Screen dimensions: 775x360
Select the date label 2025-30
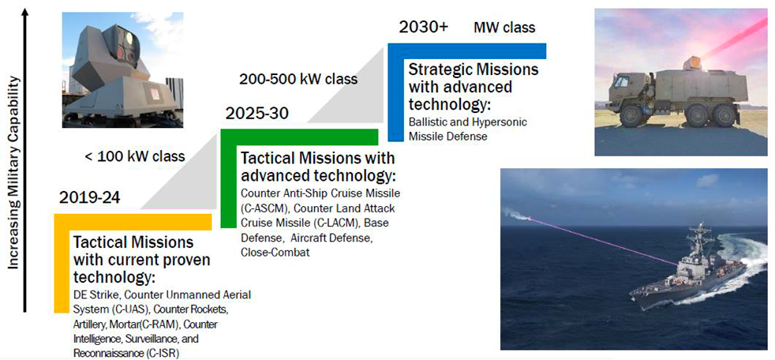256,113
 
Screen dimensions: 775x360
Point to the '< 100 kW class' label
135,157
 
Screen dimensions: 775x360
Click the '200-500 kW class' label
298,79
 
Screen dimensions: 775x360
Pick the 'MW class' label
504,27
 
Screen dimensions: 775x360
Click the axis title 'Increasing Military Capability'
13,172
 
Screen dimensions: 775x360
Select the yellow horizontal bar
133,222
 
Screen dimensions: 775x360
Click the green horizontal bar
299,137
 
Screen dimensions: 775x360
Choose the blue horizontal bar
466,51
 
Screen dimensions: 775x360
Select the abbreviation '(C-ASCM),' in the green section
263,208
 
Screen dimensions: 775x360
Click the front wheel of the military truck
631,115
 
